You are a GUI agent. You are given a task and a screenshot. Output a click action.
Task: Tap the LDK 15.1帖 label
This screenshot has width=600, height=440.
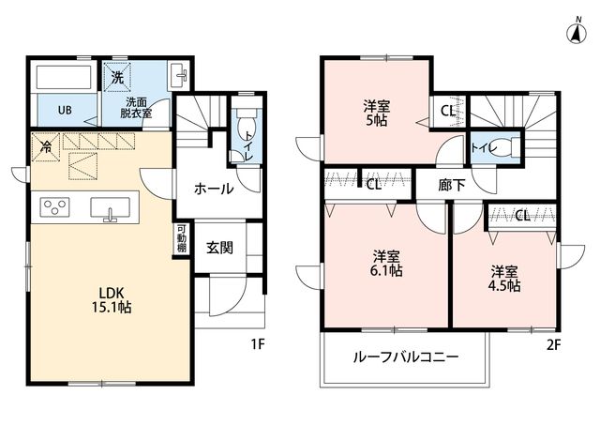(x=112, y=300)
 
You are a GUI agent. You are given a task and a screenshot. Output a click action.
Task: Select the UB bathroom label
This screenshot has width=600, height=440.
(x=65, y=111)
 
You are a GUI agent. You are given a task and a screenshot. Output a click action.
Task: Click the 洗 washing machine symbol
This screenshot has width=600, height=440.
(x=117, y=78)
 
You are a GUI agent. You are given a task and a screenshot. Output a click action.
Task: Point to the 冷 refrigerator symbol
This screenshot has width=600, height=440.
(x=46, y=147)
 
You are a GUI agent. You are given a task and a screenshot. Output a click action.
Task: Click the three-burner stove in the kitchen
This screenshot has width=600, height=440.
(x=54, y=207)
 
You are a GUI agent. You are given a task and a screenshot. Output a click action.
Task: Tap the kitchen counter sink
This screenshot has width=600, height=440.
(x=110, y=208)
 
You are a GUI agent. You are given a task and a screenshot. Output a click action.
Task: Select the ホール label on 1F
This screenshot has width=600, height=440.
(x=214, y=189)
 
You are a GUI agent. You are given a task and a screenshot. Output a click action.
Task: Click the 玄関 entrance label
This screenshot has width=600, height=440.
(x=219, y=248)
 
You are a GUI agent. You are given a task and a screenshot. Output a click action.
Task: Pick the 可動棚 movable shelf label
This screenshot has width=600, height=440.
(x=181, y=237)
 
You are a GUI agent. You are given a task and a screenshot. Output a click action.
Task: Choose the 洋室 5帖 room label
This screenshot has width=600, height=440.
(x=377, y=113)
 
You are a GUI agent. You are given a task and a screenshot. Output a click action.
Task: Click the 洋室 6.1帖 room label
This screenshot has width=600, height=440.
(x=386, y=264)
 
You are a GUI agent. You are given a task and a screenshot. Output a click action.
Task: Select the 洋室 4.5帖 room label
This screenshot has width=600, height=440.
(x=504, y=279)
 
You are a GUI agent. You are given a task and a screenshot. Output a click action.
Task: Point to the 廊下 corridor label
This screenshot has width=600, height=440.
(x=452, y=186)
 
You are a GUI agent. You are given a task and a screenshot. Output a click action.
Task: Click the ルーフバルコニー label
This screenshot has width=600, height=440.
(x=406, y=357)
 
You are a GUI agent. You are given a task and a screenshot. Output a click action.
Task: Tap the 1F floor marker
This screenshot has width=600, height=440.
(x=258, y=344)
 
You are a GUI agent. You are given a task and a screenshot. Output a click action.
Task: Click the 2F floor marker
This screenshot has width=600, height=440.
(x=553, y=345)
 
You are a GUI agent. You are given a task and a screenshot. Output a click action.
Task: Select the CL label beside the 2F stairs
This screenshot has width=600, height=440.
(x=448, y=111)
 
